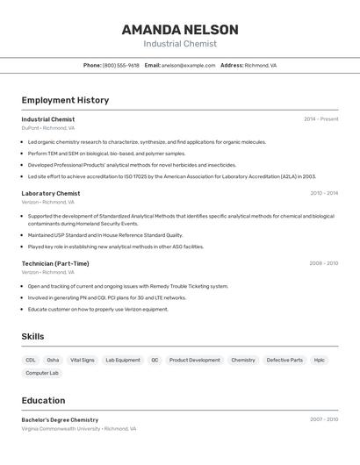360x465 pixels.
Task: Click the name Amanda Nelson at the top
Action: [x=180, y=29]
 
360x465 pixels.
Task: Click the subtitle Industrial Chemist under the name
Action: [x=180, y=44]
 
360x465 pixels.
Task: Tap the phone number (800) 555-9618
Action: [x=120, y=66]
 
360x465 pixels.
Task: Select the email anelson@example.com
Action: [x=189, y=66]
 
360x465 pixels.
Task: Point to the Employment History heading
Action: [x=65, y=100]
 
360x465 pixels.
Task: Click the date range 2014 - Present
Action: [x=320, y=119]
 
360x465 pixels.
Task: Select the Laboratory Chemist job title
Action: [x=51, y=194]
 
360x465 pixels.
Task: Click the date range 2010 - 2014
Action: [x=323, y=194]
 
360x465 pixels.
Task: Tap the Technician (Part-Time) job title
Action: [x=55, y=263]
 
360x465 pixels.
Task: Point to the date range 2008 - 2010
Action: [x=323, y=263]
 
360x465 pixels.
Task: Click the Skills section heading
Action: [x=32, y=337]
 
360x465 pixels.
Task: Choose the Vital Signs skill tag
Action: [x=82, y=360]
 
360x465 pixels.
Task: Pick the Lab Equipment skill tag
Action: [x=123, y=360]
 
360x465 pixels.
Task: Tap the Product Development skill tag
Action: [x=194, y=360]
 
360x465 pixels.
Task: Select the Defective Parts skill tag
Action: [x=284, y=360]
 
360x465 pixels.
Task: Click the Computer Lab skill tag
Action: [x=42, y=374]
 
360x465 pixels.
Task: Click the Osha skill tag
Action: [x=53, y=360]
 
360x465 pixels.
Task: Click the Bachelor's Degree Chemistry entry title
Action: [x=60, y=420]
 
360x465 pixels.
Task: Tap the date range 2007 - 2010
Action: [x=323, y=420]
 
